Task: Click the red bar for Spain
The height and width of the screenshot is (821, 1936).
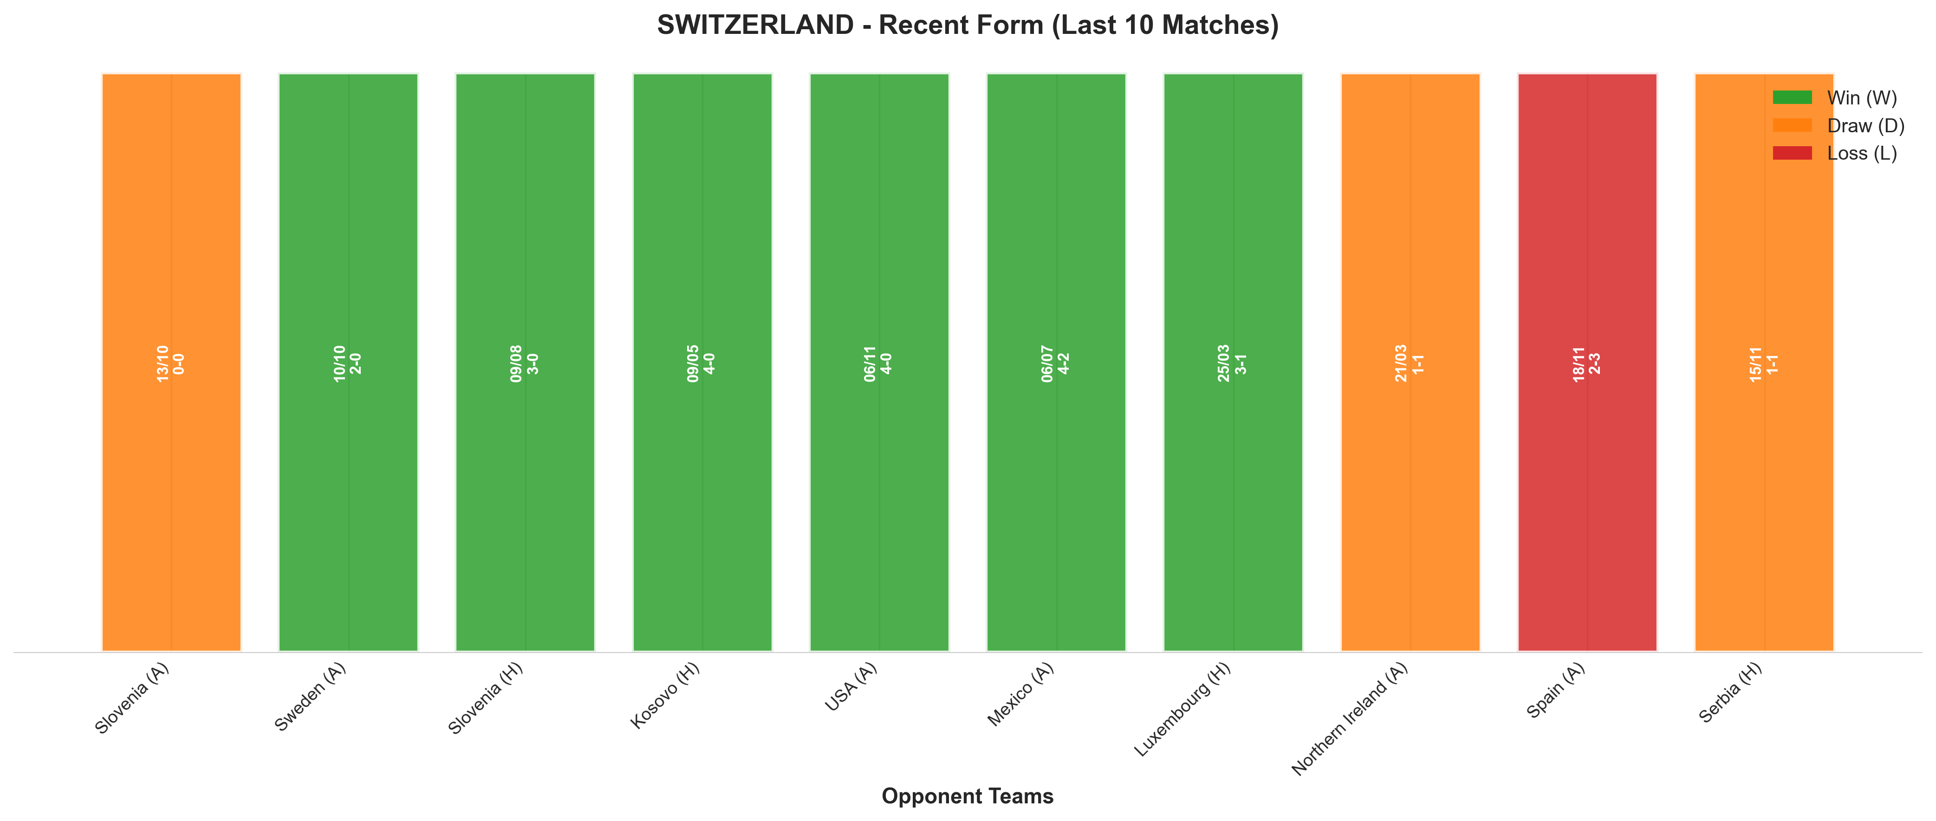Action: pos(1587,362)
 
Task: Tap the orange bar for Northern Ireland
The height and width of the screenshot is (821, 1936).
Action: pos(1410,362)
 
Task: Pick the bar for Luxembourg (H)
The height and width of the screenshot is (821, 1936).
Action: pos(1233,362)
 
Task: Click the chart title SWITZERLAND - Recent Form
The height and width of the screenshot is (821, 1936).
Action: pos(968,25)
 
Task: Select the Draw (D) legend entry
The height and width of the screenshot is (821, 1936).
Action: pos(1839,125)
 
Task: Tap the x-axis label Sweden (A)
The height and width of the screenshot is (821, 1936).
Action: pos(310,697)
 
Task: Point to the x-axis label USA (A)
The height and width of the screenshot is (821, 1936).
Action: pos(851,687)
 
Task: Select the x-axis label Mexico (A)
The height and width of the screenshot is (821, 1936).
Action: pos(1020,695)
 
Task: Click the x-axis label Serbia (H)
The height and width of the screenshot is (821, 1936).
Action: pos(1730,692)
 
